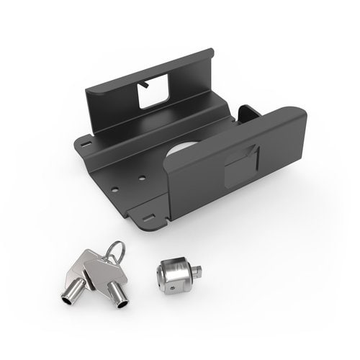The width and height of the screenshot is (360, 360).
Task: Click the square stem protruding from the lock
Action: point(196,271)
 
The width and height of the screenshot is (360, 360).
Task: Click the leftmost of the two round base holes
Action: point(114,190)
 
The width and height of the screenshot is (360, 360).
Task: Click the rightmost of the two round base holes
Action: point(142,178)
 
